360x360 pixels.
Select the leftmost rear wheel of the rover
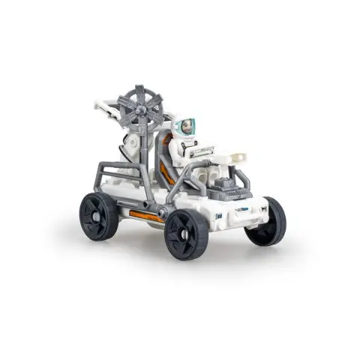click(100, 214)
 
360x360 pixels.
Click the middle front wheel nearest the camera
click(186, 232)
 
